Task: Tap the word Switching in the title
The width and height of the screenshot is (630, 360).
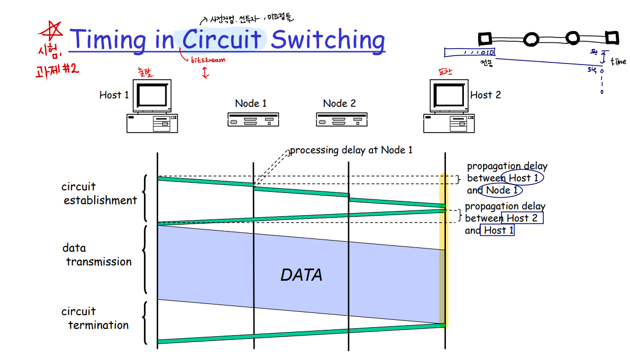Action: coord(328,40)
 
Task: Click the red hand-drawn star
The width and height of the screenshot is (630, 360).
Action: coord(52,32)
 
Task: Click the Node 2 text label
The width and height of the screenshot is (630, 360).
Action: coord(340,104)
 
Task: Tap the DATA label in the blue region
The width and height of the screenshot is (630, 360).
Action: coord(301,275)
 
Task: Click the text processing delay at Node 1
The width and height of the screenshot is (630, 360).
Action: coord(351,151)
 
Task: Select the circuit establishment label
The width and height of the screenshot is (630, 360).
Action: coord(99,193)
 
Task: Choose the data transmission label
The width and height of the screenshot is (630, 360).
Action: coord(98,255)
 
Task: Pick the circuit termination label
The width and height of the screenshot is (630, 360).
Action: coord(98,318)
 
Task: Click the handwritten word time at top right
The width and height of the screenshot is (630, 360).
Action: coord(618,61)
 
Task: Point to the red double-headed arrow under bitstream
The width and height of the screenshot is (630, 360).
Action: coord(205,72)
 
